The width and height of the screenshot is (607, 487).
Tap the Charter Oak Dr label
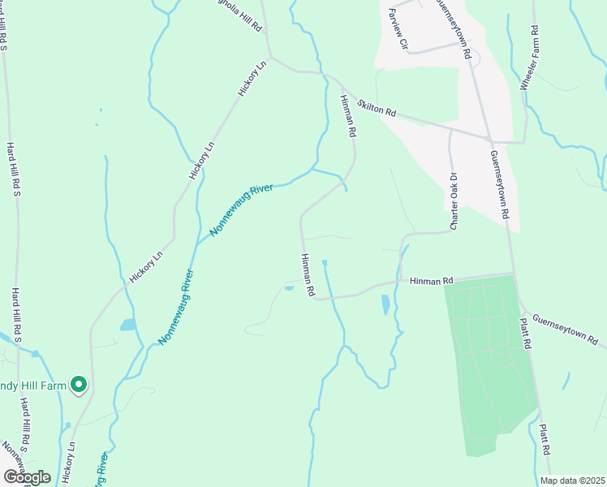pos(454,189)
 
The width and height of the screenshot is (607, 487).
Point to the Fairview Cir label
pos(398,27)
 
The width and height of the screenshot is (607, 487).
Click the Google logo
pos(27,476)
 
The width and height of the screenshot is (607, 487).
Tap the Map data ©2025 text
pos(572,481)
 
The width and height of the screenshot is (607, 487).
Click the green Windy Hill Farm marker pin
pos(79,385)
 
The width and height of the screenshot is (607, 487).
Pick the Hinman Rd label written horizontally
pos(430,281)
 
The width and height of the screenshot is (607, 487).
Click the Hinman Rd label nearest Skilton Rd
pos(347,114)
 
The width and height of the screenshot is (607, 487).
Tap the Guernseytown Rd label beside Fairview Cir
pos(455,29)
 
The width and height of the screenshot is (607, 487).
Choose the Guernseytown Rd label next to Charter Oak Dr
pos(498,183)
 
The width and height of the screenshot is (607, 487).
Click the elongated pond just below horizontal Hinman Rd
pos(385,304)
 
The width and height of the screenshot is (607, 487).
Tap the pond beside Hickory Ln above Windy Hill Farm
pos(128,325)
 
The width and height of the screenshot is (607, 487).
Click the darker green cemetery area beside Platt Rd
pos(487,357)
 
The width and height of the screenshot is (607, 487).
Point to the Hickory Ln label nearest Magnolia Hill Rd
pos(252,79)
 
